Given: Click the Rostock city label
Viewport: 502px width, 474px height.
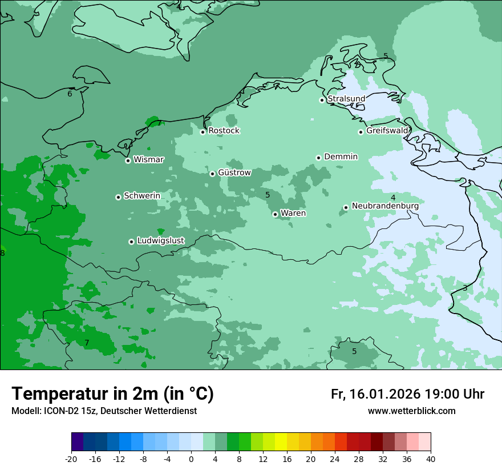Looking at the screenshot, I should (224, 131).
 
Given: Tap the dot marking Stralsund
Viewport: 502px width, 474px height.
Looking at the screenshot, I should (322, 100).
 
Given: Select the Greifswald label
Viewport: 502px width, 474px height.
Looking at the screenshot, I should (387, 131).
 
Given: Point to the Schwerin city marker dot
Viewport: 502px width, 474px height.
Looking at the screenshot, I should (118, 197).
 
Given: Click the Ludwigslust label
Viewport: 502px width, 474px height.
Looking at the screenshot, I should (160, 241).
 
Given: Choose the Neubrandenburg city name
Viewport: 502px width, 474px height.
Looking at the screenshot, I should (385, 206).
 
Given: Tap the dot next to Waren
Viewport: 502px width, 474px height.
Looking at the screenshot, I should (275, 214).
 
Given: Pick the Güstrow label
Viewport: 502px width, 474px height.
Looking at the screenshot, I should (234, 172).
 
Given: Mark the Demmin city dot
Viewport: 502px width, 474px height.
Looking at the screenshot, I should (318, 158).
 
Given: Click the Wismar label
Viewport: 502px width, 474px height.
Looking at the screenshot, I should (148, 160).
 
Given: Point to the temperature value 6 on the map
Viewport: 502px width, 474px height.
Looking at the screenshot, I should (70, 94).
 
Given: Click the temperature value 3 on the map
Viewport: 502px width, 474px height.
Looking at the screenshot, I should (465, 288).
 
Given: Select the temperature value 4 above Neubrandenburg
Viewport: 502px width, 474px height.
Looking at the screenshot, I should (392, 198).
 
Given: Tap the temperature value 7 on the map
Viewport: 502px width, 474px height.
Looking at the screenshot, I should (87, 343).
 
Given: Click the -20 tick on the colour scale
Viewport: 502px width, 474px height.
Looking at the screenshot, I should (71, 459).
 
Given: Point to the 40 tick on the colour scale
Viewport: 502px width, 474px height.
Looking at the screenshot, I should (431, 459).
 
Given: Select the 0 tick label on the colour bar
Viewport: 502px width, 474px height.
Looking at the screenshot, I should (191, 459).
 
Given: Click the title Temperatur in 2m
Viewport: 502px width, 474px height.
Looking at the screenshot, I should (112, 394).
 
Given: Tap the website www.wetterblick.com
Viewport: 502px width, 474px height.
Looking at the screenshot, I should (411, 411).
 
